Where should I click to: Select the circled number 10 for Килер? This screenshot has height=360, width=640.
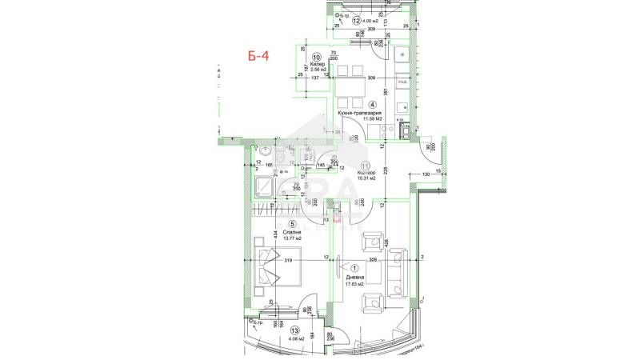pos(317,58)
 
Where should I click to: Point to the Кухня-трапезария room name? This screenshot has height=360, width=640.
pos(358,114)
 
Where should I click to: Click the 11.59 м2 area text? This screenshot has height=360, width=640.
pos(358,121)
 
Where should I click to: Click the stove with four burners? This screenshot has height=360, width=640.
pos(403,126)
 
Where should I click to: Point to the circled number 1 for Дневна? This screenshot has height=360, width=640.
pos(354,269)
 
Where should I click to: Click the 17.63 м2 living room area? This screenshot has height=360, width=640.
pos(354,284)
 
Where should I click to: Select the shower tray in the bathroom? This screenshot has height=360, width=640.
pos(263,186)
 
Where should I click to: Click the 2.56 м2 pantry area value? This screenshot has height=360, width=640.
pos(316,70)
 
